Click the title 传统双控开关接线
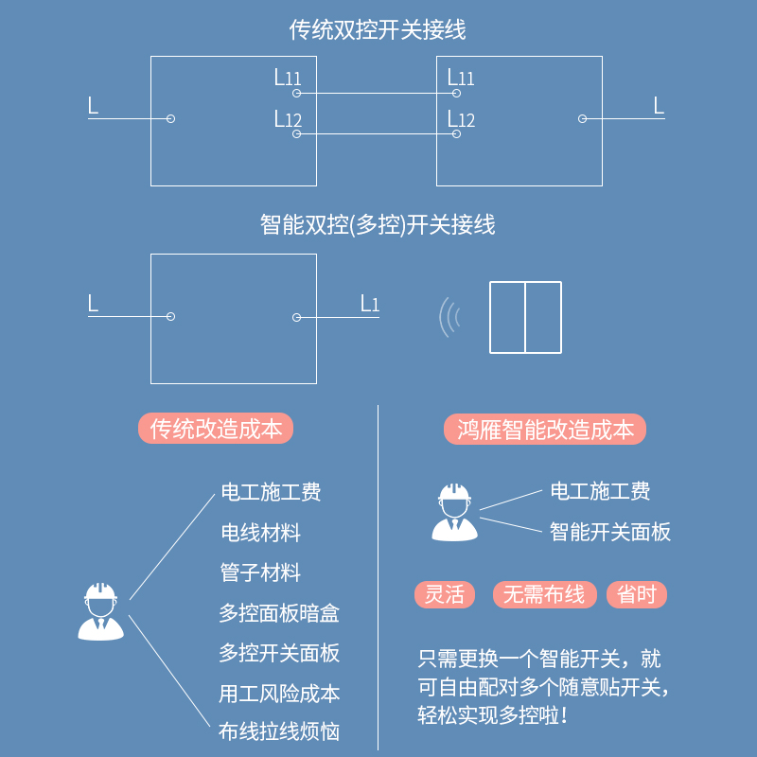[378, 30]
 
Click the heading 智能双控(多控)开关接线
[378, 225]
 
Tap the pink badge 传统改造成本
[216, 429]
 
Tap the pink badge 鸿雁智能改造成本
[545, 430]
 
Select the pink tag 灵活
[445, 594]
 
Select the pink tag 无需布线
[545, 594]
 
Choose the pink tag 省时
[637, 594]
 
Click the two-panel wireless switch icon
[525, 318]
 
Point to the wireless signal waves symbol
[449, 318]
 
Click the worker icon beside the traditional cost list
[99, 611]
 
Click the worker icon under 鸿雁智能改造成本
[454, 512]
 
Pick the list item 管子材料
[260, 572]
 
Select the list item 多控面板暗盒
[279, 613]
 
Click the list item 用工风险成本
[279, 693]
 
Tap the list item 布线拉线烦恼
[279, 731]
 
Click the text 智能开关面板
[610, 532]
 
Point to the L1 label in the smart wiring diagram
[369, 304]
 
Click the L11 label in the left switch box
[288, 78]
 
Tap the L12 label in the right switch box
[461, 119]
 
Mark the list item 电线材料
[260, 533]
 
